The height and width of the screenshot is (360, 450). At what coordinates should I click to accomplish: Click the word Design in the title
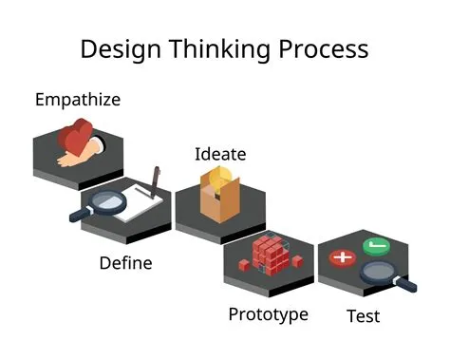tap(121, 48)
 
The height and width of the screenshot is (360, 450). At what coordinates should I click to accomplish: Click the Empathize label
tap(78, 99)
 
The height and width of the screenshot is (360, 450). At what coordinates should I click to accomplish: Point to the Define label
tap(125, 262)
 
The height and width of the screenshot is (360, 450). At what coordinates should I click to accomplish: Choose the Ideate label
tap(219, 154)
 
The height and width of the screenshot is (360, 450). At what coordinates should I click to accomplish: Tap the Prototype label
tap(268, 313)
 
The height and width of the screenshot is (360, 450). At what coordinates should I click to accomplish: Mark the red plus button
tap(341, 256)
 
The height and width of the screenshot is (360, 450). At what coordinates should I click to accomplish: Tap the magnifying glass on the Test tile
tap(384, 275)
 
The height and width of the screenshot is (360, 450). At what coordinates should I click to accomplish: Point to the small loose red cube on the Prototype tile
tap(298, 259)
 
